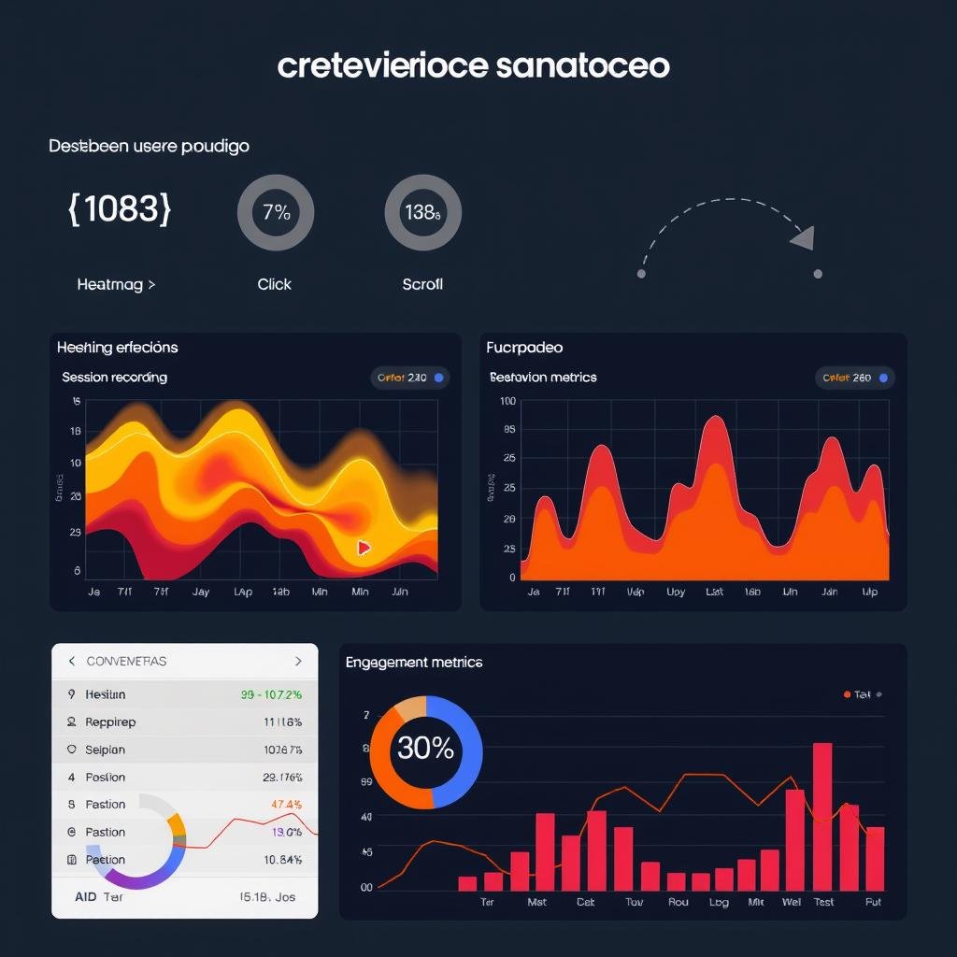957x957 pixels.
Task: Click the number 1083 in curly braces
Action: pyautogui.click(x=120, y=209)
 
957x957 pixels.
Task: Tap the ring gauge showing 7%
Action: pyautogui.click(x=276, y=212)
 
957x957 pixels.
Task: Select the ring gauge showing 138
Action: pyautogui.click(x=422, y=212)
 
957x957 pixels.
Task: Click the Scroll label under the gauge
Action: pyautogui.click(x=422, y=284)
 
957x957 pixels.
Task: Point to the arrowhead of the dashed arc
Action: pyautogui.click(x=804, y=238)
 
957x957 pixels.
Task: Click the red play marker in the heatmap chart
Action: pyautogui.click(x=364, y=548)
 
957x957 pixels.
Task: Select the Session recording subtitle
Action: pyautogui.click(x=114, y=378)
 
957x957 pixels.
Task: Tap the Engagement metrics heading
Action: pyautogui.click(x=414, y=663)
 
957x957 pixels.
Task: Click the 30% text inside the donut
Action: pyautogui.click(x=425, y=749)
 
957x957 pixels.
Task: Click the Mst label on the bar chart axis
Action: pyautogui.click(x=536, y=902)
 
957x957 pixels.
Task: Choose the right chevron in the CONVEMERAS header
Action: pyautogui.click(x=298, y=661)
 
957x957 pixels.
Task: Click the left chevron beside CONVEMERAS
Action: pyautogui.click(x=72, y=661)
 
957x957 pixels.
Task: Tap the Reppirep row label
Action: pyautogui.click(x=110, y=722)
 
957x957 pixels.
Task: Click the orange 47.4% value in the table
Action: pyautogui.click(x=286, y=805)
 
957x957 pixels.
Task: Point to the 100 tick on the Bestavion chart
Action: pyautogui.click(x=508, y=401)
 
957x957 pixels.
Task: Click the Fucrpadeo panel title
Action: pyautogui.click(x=524, y=348)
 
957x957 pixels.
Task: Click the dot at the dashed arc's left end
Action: pyautogui.click(x=641, y=274)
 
